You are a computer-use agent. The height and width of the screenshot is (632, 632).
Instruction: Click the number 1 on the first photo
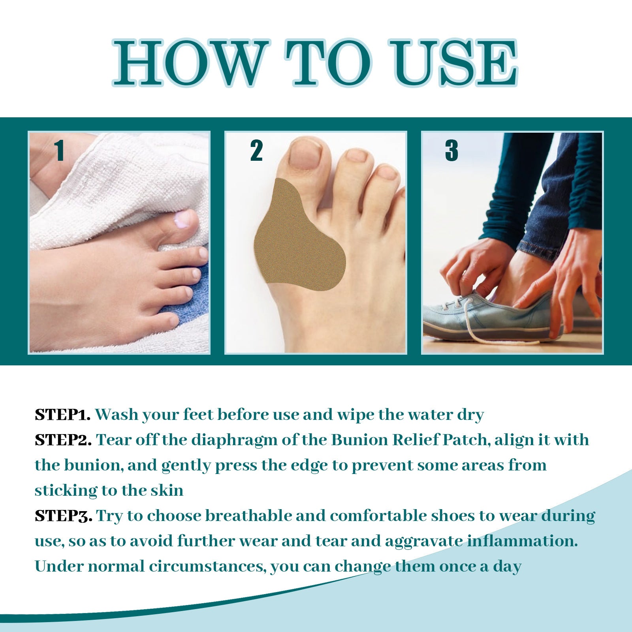[60, 150]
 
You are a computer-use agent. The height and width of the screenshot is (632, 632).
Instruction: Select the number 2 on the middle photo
[256, 150]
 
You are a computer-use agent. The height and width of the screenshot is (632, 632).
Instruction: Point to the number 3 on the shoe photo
[451, 150]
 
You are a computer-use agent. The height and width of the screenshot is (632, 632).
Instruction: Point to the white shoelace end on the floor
[510, 341]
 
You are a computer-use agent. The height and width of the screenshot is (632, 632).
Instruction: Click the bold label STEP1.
[63, 415]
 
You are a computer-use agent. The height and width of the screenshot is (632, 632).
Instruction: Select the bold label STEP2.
[63, 440]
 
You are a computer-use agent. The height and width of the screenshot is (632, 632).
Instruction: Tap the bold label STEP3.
[64, 516]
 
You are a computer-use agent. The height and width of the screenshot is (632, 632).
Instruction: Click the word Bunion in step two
[359, 440]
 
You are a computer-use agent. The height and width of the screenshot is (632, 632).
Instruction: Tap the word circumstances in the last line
[206, 566]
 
